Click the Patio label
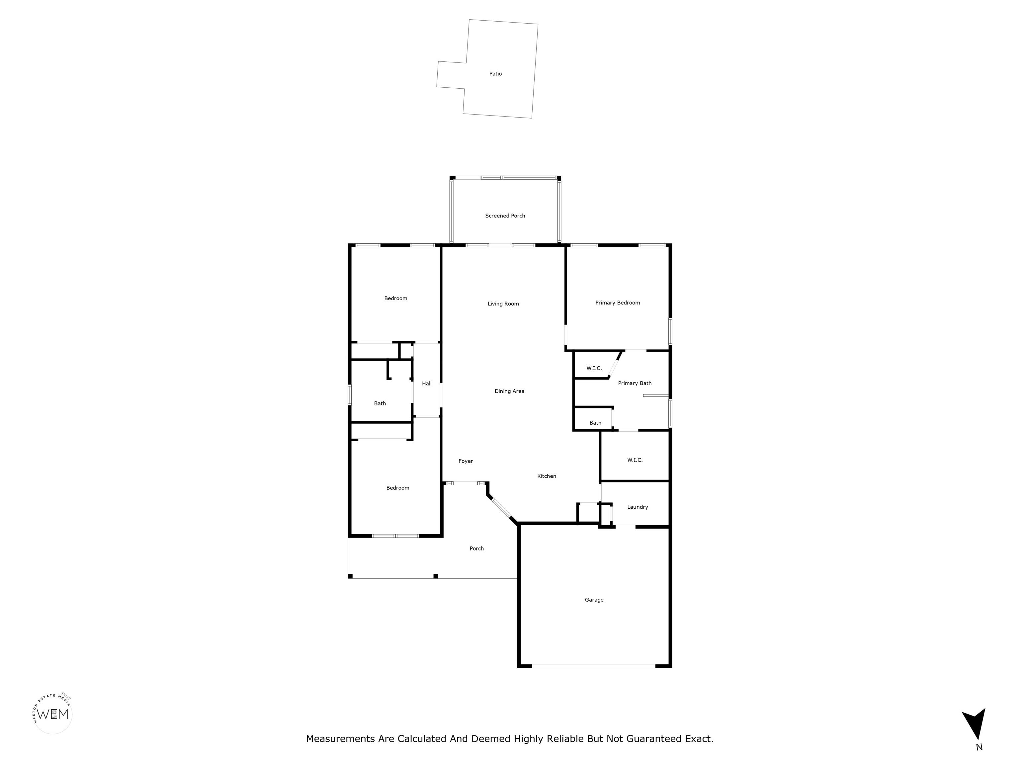click(x=495, y=74)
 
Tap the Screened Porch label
click(x=505, y=216)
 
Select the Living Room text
click(x=503, y=304)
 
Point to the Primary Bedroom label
click(x=618, y=303)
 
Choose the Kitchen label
click(x=547, y=476)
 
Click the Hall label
click(x=427, y=383)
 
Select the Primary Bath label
click(x=635, y=383)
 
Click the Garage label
click(x=594, y=600)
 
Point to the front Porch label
click(x=476, y=549)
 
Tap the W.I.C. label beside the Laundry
click(x=635, y=460)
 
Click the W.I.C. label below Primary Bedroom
click(x=594, y=369)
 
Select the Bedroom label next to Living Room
click(x=396, y=299)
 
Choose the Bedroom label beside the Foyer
click(x=397, y=488)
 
